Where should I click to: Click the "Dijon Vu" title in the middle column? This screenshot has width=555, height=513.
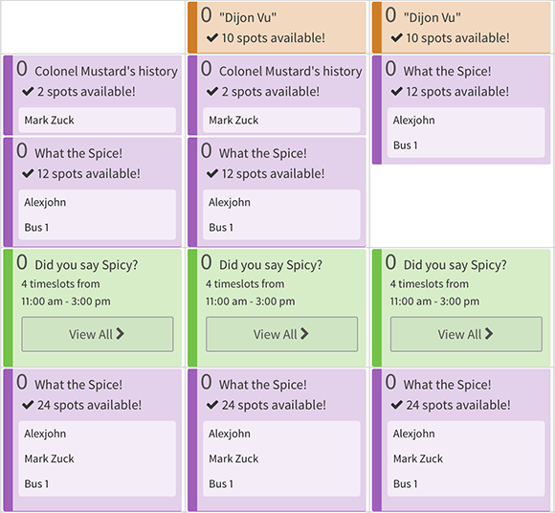[x=248, y=17]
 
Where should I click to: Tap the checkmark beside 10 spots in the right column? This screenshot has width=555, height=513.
[x=396, y=37]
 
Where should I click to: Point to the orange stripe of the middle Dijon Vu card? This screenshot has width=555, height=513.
[x=192, y=28]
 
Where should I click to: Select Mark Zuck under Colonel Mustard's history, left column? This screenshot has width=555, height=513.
[x=49, y=121]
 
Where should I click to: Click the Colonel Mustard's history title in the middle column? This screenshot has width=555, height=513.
[x=291, y=71]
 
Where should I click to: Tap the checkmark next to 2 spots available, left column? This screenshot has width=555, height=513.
[x=28, y=91]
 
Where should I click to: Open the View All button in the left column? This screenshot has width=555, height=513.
[x=98, y=334]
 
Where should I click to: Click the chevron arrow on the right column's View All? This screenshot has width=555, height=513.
[x=489, y=333]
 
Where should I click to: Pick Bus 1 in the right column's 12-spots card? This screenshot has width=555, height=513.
[x=406, y=145]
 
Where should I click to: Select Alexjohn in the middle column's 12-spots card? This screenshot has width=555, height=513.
[x=230, y=202]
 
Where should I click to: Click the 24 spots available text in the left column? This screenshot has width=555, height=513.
[x=89, y=405]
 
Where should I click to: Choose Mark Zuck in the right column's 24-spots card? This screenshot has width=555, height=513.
[x=418, y=458]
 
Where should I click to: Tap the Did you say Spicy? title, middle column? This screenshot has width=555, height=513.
[x=271, y=265]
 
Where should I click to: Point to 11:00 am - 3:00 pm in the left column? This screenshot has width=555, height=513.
[x=66, y=301]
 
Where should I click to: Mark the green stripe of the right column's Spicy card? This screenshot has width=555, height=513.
[x=377, y=307]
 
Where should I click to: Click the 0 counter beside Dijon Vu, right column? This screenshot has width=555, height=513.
[x=390, y=15]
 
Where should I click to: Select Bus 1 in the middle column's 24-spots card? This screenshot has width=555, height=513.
[x=221, y=483]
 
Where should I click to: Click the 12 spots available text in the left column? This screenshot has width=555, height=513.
[x=88, y=174]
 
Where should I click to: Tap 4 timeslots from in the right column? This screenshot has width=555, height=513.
[x=430, y=283]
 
